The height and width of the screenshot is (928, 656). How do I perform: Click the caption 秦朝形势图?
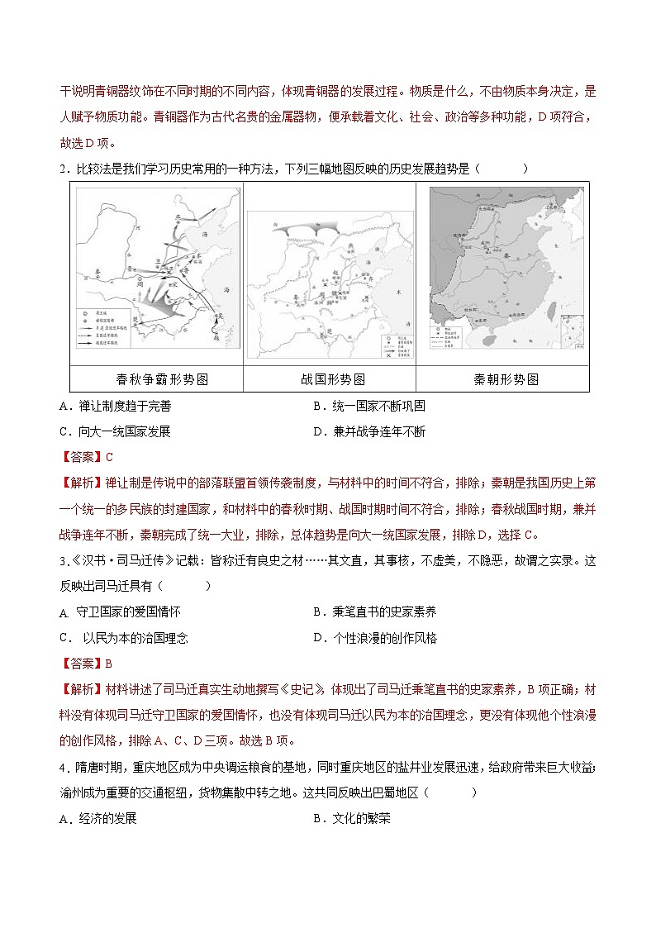pos(506,379)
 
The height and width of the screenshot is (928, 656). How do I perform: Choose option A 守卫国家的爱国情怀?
pos(121,612)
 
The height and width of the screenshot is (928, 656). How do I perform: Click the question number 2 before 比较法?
pos(64,169)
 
